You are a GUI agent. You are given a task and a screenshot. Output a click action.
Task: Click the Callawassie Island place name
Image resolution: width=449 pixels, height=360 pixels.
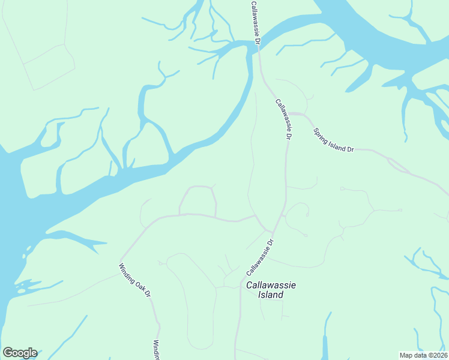coord(271,290)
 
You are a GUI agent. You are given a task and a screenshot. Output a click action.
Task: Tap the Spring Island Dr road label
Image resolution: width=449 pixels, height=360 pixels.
coord(334,140)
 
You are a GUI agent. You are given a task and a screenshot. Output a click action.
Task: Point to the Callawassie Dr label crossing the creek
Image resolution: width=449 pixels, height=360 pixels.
coord(255,22)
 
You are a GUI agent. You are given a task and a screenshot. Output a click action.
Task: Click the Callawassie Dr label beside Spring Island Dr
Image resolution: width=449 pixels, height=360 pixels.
coord(283,119)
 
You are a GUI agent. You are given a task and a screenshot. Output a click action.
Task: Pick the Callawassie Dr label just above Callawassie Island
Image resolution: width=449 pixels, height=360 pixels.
coord(260,257)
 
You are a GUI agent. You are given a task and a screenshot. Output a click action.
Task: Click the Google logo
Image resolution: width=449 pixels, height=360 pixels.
coord(19,353)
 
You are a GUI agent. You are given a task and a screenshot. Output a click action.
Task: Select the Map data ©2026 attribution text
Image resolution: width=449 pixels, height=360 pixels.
coord(423,355)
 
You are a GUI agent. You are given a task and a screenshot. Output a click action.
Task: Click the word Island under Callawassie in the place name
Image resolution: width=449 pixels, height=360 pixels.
coord(271,295)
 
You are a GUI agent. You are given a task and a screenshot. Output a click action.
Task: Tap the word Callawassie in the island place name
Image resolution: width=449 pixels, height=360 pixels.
coord(271,285)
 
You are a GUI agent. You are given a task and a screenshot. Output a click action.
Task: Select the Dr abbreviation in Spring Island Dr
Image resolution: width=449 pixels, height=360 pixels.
coord(351,148)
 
